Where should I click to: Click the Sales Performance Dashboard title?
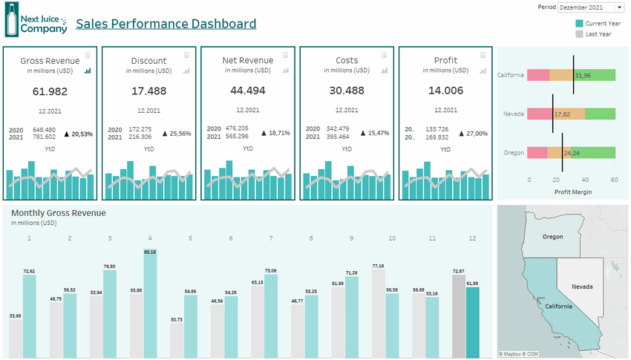click(166, 24)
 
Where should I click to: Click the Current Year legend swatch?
click(580, 24)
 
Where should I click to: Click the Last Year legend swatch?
click(580, 34)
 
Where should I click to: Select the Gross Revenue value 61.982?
click(50, 91)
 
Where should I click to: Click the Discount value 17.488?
click(148, 91)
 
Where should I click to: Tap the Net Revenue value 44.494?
click(248, 91)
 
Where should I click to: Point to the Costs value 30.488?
click(347, 91)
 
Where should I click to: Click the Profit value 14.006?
click(445, 91)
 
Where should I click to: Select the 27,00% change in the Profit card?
click(473, 134)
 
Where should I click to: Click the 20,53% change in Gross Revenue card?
click(78, 134)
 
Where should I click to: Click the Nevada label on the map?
click(581, 286)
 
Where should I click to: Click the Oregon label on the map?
click(552, 237)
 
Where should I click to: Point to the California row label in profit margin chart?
click(511, 75)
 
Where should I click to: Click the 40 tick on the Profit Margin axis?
click(586, 180)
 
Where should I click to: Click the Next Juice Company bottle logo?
click(11, 19)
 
